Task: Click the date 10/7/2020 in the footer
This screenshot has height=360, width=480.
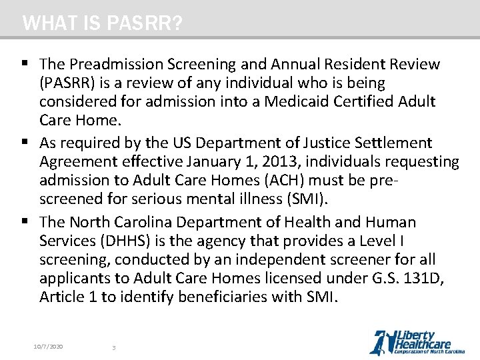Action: click(49, 347)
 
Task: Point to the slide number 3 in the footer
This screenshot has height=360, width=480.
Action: click(114, 347)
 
